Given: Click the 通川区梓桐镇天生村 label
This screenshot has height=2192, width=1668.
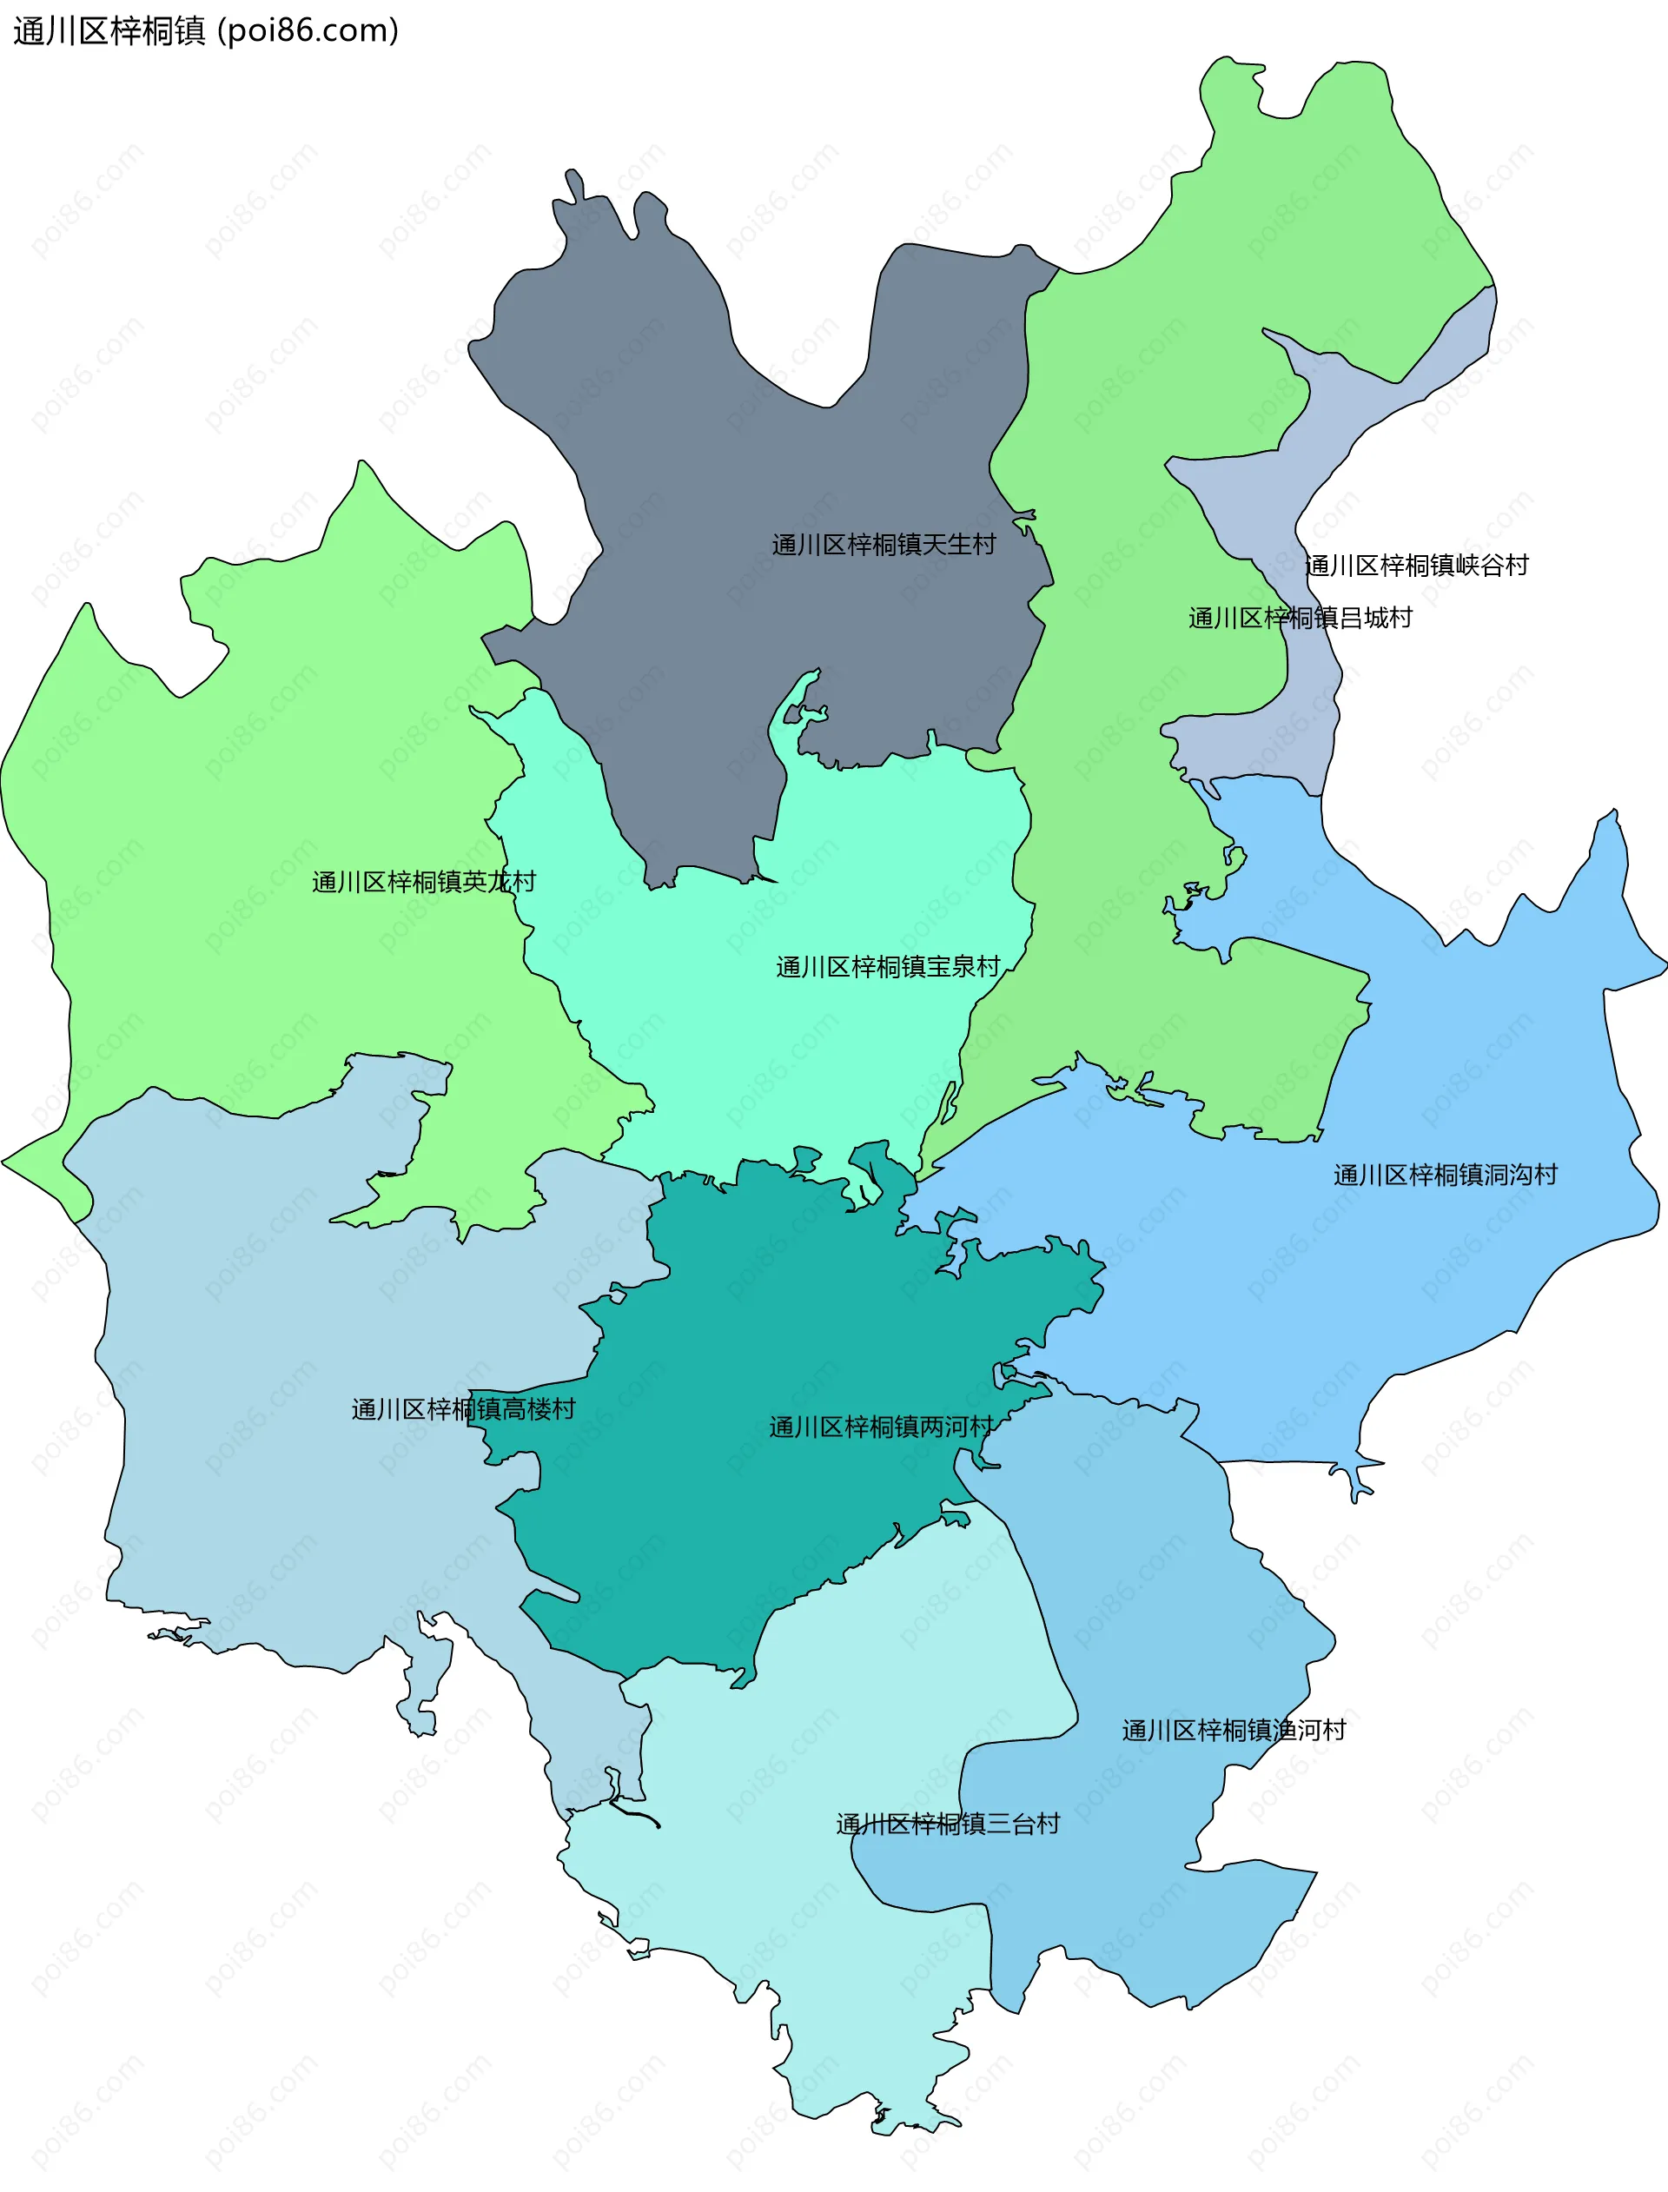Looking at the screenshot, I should pyautogui.click(x=883, y=544).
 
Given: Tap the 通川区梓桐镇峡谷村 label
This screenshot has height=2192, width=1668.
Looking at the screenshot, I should pyautogui.click(x=1416, y=566).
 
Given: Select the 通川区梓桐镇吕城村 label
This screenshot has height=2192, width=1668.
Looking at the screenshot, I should pyautogui.click(x=1300, y=619).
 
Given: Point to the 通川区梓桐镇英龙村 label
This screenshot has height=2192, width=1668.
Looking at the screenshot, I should pyautogui.click(x=423, y=882).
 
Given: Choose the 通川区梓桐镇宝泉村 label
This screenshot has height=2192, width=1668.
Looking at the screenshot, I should pyautogui.click(x=888, y=967).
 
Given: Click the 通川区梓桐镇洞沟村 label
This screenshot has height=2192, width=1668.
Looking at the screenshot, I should pyautogui.click(x=1445, y=1175).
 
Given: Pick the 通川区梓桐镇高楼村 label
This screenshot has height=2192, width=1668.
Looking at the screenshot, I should pyautogui.click(x=463, y=1410).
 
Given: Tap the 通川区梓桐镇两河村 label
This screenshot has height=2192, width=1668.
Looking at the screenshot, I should pyautogui.click(x=881, y=1427).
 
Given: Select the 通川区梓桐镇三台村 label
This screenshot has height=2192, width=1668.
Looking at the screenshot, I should pyautogui.click(x=947, y=1824).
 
